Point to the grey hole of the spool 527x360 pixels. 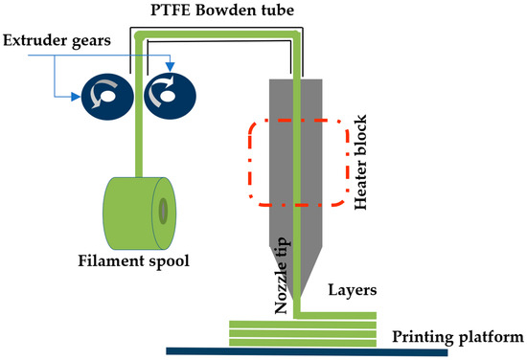[x=164, y=208]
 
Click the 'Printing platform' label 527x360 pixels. [x=458, y=337]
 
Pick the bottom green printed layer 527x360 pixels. [x=302, y=339]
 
